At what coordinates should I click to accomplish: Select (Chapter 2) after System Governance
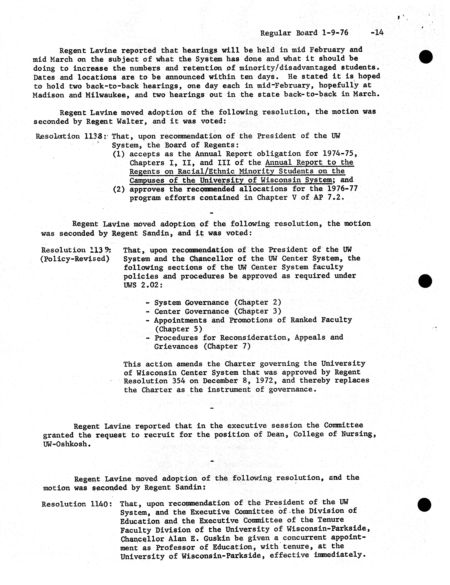(258, 302)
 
